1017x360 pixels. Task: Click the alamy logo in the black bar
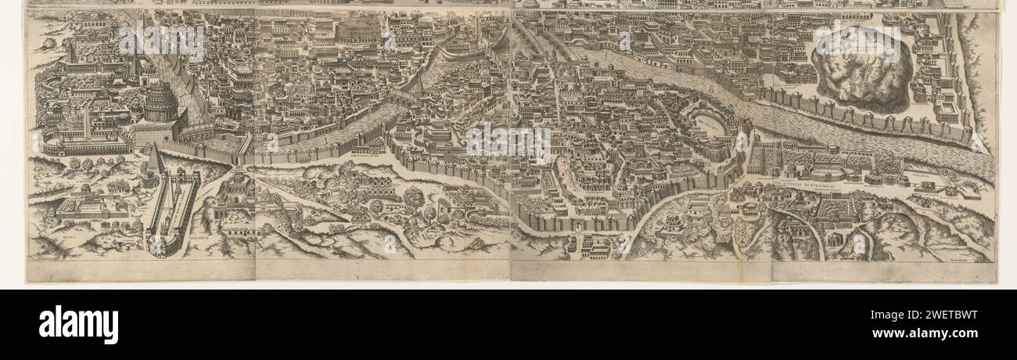(x=78, y=324)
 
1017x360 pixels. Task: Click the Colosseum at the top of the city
(x=359, y=32)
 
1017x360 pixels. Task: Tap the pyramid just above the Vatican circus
(x=156, y=162)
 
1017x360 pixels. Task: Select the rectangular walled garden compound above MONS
(x=92, y=205)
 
